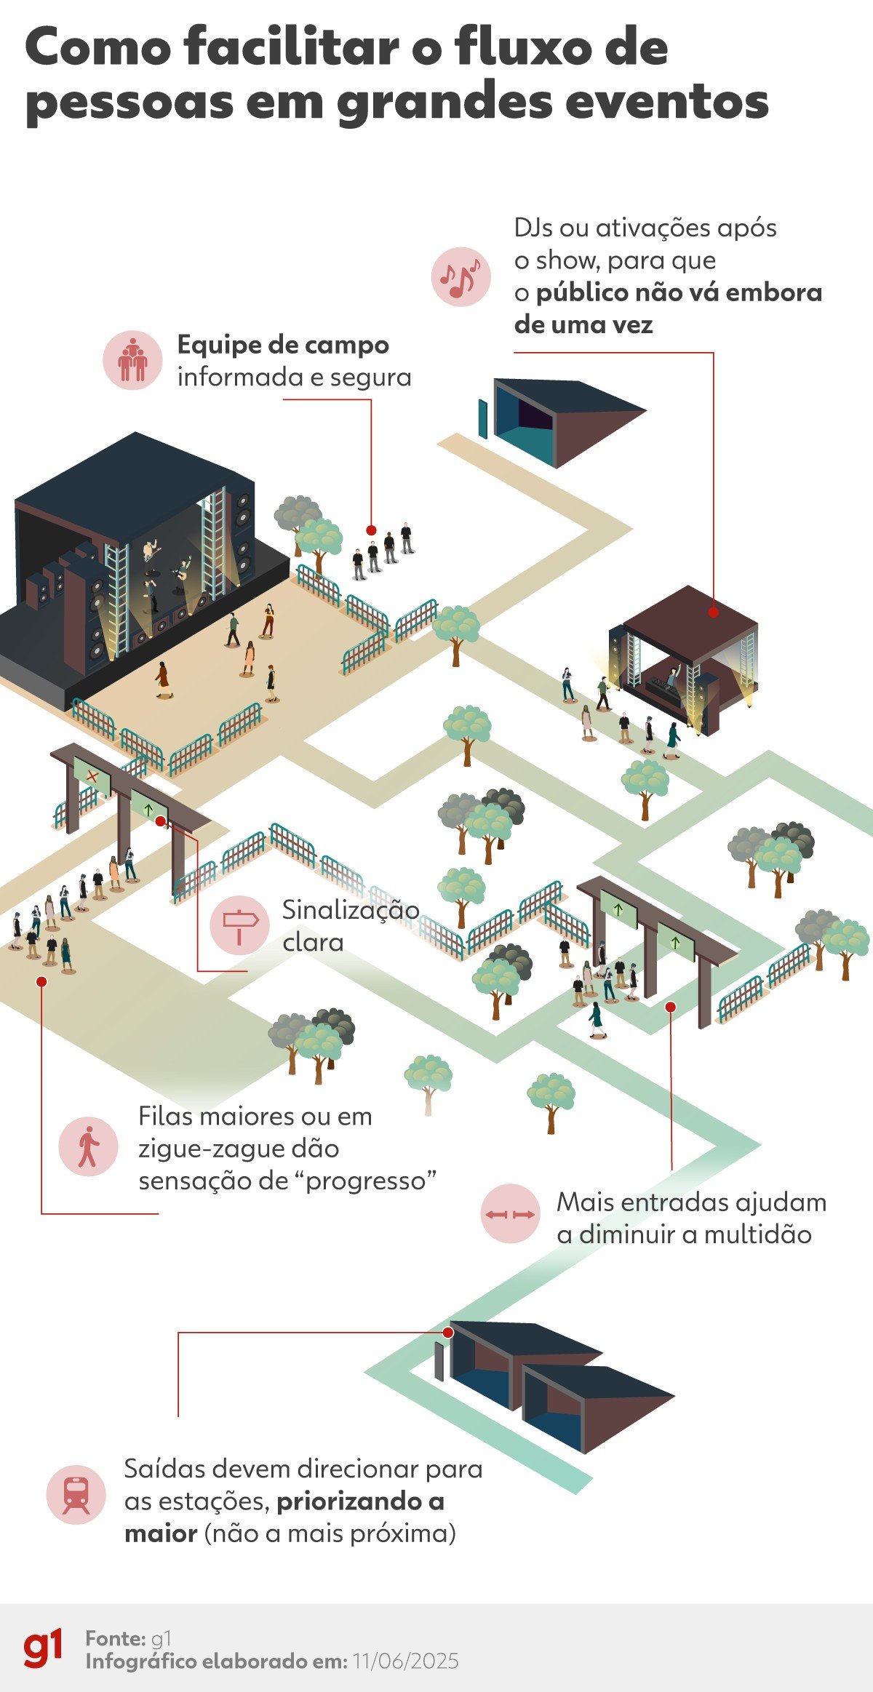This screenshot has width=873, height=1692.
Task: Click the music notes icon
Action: (461, 276)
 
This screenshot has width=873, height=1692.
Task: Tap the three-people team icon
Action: (132, 360)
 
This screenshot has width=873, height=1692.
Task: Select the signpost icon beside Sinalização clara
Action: (239, 925)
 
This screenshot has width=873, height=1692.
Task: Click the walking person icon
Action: (88, 1146)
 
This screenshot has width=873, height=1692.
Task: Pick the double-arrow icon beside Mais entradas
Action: (510, 1213)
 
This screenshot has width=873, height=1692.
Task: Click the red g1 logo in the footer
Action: (43, 1648)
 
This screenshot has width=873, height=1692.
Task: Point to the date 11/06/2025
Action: (406, 1661)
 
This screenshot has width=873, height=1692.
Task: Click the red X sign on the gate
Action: (92, 776)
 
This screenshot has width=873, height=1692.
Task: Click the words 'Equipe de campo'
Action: (283, 345)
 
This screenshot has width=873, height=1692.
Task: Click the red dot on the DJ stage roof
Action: (714, 612)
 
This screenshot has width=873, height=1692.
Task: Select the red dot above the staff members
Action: (371, 530)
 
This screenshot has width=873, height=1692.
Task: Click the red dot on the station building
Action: (448, 1332)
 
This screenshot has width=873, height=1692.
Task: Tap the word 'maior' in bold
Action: (161, 1533)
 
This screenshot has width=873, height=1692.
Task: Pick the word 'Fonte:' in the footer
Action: (116, 1638)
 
